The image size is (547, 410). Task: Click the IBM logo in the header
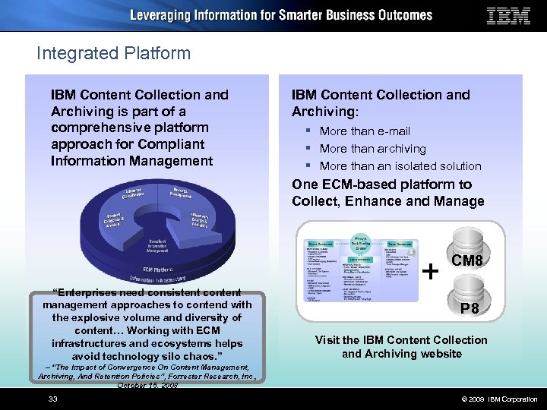pos(508,16)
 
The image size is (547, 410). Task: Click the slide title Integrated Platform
pos(113,53)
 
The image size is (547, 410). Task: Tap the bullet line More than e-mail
pos(365,131)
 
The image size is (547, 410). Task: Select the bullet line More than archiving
pos(372,149)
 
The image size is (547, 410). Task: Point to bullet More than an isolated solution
pos(400,166)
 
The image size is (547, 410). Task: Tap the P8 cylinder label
pos(469,309)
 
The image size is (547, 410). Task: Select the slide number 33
pos(53,399)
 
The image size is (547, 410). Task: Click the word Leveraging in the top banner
pos(163,15)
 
